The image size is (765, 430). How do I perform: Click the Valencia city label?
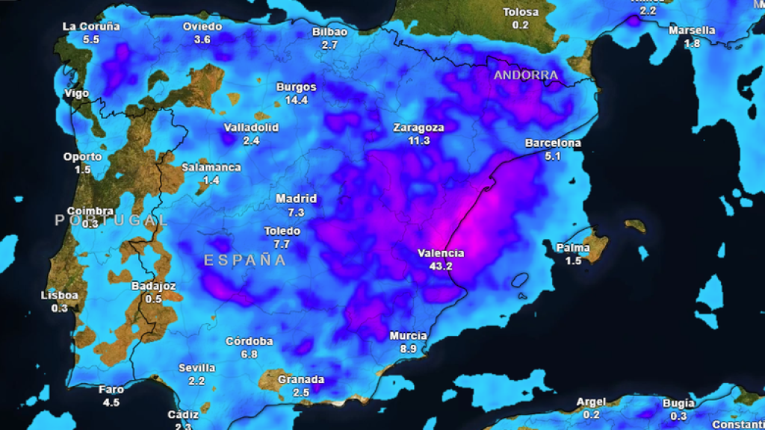[441, 253]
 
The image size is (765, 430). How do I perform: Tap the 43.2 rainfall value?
[441, 266]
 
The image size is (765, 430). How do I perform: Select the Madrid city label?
[296, 199]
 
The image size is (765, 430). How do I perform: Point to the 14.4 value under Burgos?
[297, 99]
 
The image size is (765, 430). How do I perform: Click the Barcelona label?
[553, 143]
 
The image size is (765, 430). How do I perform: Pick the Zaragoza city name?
[418, 128]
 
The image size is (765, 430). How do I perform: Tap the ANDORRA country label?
[526, 75]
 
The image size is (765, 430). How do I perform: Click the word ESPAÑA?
[245, 260]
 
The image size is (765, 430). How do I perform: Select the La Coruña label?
[91, 26]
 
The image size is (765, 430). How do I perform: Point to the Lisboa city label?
[59, 295]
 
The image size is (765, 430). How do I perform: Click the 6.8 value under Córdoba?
[250, 354]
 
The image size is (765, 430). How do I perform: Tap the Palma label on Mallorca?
[573, 248]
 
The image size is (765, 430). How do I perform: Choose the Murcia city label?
[409, 336]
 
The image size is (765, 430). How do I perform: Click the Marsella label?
[692, 31]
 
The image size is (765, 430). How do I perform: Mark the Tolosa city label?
[521, 12]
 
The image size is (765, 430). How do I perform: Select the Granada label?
[301, 379]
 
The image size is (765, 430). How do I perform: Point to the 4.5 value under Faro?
[111, 402]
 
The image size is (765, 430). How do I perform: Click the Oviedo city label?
[202, 27]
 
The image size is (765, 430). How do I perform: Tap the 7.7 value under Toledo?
[282, 244]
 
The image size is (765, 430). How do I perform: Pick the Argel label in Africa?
[592, 402]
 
